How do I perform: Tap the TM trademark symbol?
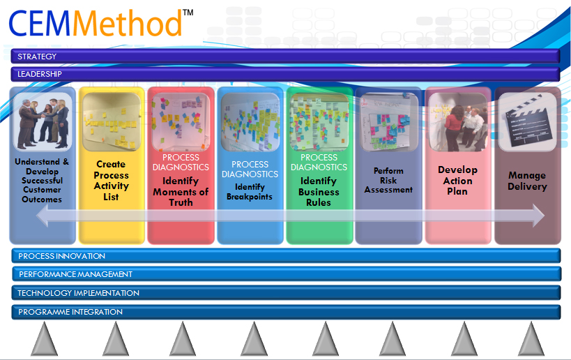click(188, 13)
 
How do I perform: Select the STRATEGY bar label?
click(37, 57)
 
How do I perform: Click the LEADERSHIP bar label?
click(40, 74)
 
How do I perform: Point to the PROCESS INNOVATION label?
click(62, 256)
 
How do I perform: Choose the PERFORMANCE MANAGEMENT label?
click(75, 274)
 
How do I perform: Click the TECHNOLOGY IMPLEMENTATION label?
click(79, 293)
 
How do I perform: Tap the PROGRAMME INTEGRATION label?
click(70, 312)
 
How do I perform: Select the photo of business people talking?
click(42, 123)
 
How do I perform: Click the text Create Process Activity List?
click(112, 181)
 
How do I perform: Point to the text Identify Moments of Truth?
click(181, 192)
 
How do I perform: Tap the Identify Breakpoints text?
click(250, 192)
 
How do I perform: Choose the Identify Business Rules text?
click(319, 192)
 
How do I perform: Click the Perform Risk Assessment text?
click(388, 180)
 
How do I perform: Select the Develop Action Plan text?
click(457, 180)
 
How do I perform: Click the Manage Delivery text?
click(527, 181)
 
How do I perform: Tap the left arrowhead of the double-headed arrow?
click(42, 216)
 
